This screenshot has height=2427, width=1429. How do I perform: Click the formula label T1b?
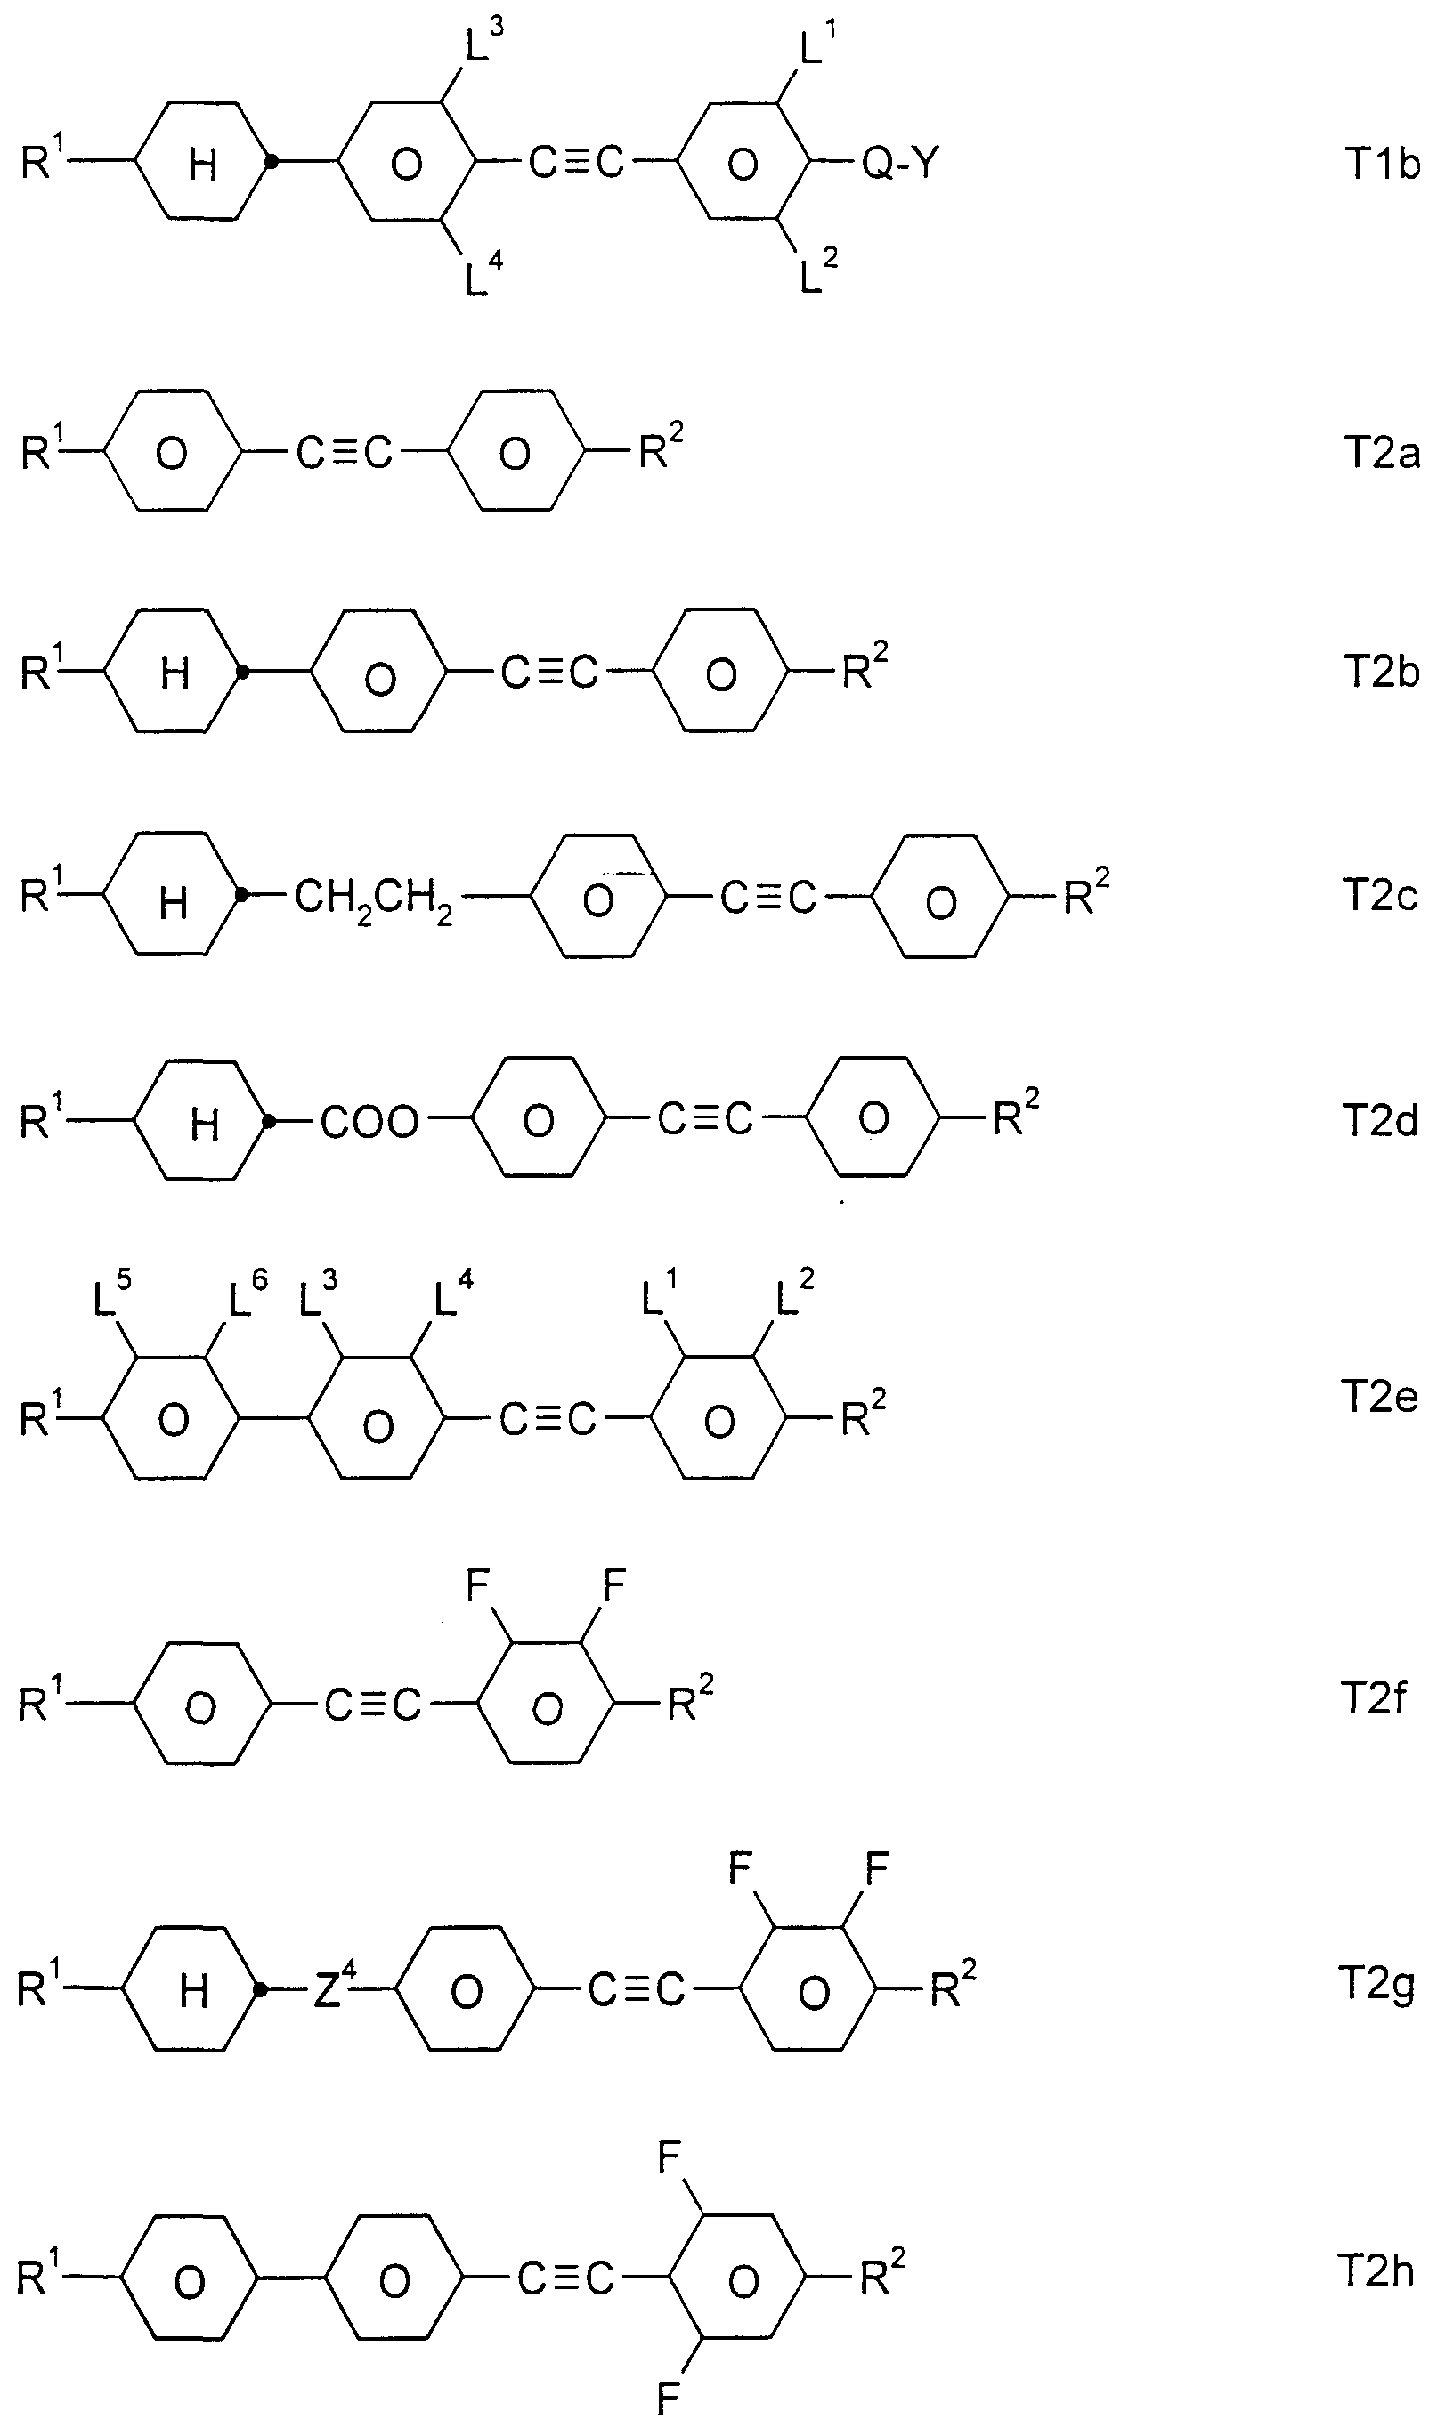click(1383, 165)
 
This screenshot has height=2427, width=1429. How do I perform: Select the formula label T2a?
click(1382, 452)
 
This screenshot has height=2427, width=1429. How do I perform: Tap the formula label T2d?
click(1380, 1120)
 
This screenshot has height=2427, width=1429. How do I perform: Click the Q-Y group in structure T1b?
click(899, 164)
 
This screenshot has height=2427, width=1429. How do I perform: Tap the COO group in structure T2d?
click(369, 1122)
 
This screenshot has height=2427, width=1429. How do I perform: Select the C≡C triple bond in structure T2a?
click(344, 452)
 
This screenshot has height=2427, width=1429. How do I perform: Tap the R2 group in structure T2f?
click(690, 1703)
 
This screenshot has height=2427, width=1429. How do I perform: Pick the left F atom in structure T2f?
click(478, 1584)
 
